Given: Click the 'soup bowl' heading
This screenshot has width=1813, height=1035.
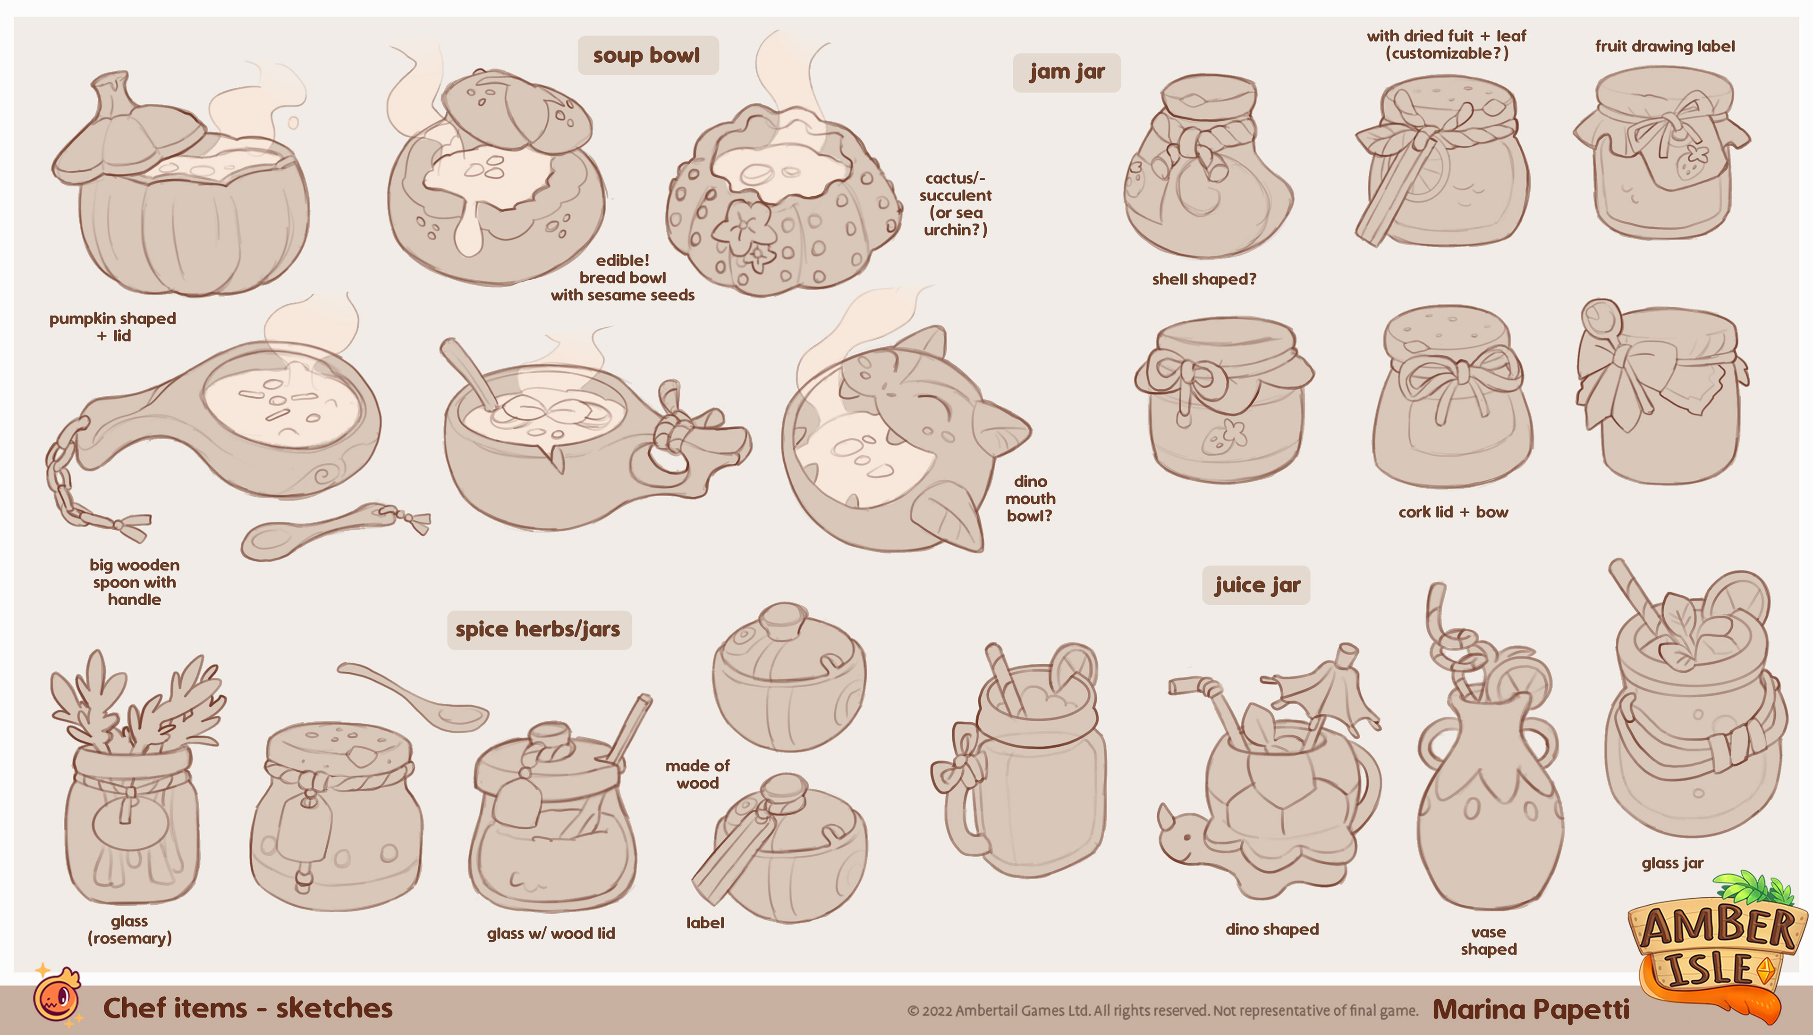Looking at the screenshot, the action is (x=646, y=56).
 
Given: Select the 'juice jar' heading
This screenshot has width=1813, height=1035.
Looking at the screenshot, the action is (x=1257, y=585).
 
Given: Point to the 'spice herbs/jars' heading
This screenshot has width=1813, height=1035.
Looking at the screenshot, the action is (x=538, y=630).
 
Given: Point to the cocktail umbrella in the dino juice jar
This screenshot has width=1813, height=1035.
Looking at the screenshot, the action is (x=1323, y=693).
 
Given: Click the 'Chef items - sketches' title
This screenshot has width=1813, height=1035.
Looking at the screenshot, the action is (x=247, y=1008).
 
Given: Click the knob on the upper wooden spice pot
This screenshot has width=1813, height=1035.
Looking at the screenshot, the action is (x=784, y=619).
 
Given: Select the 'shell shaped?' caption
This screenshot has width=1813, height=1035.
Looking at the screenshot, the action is (x=1203, y=279).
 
